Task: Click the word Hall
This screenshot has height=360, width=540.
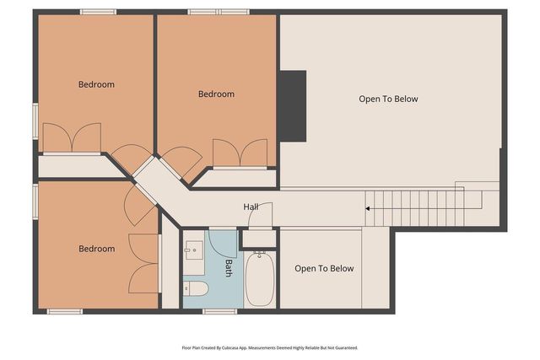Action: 251,207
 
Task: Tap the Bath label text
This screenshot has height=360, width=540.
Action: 228,268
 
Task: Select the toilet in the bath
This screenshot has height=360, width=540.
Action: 196,289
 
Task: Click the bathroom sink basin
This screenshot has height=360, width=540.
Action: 194,250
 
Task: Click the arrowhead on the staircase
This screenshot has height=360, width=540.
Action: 368,207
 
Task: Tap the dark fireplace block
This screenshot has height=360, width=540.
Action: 293,105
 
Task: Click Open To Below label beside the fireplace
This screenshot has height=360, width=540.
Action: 388,99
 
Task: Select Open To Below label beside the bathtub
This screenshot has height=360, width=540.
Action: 324,269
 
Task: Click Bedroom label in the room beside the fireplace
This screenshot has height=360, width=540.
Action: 216,94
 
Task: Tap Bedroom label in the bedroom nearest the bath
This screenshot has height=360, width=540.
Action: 96,249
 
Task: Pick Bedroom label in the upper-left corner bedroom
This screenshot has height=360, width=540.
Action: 96,84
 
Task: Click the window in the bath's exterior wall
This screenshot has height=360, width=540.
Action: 219,311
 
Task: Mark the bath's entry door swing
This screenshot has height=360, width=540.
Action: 221,244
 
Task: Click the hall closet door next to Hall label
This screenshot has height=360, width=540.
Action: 260,216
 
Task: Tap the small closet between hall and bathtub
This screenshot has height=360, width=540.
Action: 258,238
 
